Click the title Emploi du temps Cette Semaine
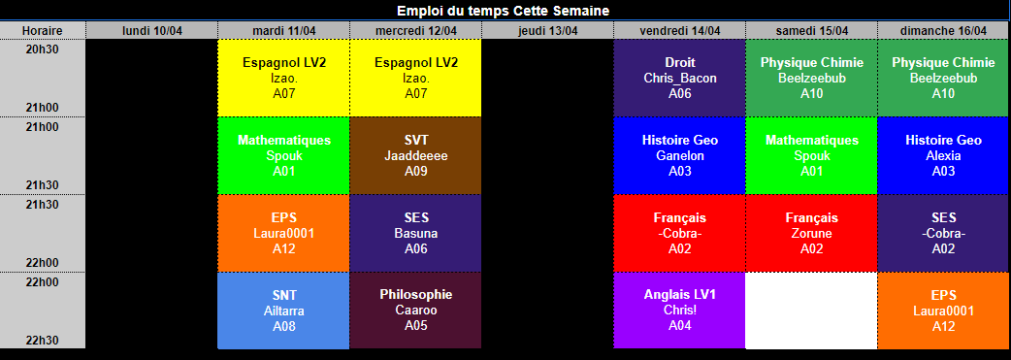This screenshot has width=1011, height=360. [x=503, y=11]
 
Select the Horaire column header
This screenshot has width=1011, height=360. [x=43, y=30]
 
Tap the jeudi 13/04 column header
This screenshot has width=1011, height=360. [x=547, y=30]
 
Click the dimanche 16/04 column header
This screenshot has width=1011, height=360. [x=944, y=30]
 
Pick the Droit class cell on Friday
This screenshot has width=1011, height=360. [x=679, y=78]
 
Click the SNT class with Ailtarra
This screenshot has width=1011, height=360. [x=283, y=311]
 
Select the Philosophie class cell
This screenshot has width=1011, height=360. [x=416, y=311]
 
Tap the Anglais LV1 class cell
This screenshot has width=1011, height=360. [x=679, y=311]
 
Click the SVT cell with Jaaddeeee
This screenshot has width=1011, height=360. [x=416, y=155]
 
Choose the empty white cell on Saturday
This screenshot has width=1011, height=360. [x=811, y=311]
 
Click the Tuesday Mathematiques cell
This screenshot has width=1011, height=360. [x=283, y=155]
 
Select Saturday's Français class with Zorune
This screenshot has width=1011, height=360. [x=811, y=233]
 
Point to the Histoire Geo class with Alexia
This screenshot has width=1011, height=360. [x=944, y=155]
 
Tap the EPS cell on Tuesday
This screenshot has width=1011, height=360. [x=283, y=233]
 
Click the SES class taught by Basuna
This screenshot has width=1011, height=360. [x=416, y=233]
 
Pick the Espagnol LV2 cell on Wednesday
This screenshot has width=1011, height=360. [x=416, y=78]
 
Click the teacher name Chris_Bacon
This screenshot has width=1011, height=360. [x=679, y=78]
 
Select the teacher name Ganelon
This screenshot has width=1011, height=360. [x=679, y=155]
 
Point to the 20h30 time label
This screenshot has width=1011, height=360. [x=43, y=49]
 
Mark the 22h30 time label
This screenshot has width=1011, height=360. [x=43, y=340]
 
